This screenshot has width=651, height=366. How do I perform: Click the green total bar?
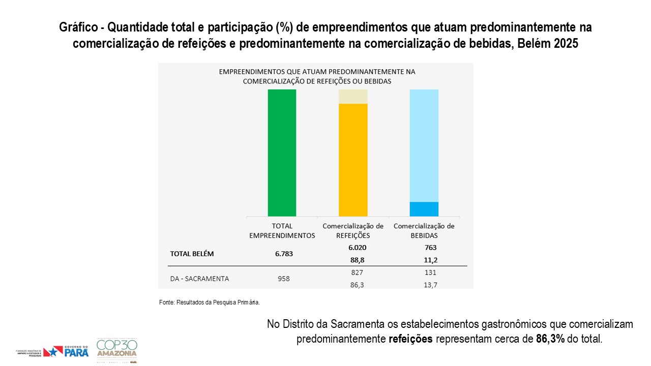click(x=282, y=152)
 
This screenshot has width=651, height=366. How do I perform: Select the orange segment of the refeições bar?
click(x=353, y=160)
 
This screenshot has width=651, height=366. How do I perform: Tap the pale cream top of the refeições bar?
click(x=353, y=96)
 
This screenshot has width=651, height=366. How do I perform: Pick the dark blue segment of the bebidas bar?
click(x=424, y=209)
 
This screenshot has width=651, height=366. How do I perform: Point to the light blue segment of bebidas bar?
click(x=424, y=145)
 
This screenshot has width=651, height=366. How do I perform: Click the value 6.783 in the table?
click(x=282, y=254)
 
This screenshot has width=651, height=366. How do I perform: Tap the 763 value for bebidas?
click(x=430, y=248)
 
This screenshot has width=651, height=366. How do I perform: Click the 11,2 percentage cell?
click(x=430, y=260)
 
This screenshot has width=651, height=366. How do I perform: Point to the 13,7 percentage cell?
click(x=430, y=285)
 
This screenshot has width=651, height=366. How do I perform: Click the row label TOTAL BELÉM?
click(x=192, y=254)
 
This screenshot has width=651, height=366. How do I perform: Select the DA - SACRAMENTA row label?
click(x=199, y=279)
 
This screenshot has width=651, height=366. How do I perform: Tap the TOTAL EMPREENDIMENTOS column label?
click(x=282, y=231)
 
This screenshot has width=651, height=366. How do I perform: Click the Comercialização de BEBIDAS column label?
click(x=424, y=231)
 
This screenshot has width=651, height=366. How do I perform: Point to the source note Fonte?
click(x=210, y=302)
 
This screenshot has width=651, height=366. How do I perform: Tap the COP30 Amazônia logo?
click(x=116, y=350)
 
